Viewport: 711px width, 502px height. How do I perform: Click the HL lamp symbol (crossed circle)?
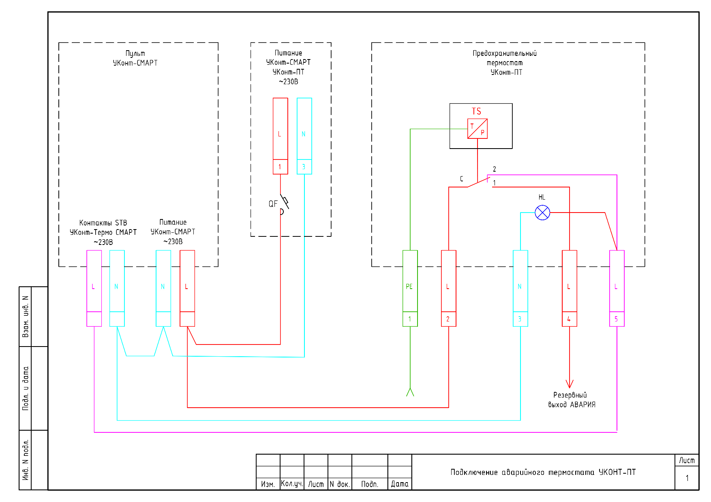click(x=542, y=213)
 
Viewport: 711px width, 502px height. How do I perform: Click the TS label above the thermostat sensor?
click(x=476, y=111)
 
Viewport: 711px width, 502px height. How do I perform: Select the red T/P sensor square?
click(x=478, y=129)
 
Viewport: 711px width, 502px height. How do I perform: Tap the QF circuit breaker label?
click(x=273, y=204)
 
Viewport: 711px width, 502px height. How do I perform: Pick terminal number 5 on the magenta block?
click(x=617, y=319)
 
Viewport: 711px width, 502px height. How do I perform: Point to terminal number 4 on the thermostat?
click(x=569, y=319)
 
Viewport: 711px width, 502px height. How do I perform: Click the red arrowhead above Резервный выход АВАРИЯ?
click(x=570, y=383)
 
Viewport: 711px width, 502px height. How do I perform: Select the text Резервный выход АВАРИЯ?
click(x=572, y=400)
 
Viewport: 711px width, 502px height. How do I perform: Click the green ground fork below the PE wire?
click(x=410, y=392)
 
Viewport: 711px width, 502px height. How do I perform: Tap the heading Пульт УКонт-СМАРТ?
click(x=135, y=58)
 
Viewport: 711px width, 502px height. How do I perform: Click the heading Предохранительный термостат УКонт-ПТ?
click(x=505, y=63)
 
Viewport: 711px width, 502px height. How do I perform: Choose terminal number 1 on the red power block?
click(x=280, y=167)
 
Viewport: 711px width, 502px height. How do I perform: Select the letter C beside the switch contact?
click(x=461, y=179)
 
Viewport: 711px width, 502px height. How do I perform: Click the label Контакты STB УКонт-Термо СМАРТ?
click(x=103, y=232)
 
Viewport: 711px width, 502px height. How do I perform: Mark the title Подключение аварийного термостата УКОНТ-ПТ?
click(x=543, y=472)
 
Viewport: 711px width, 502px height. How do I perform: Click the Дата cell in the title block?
click(x=400, y=484)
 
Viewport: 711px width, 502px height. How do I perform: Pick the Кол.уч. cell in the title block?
click(x=292, y=484)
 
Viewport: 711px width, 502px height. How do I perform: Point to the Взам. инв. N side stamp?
click(x=26, y=316)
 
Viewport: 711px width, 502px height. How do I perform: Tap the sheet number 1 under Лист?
click(x=687, y=478)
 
